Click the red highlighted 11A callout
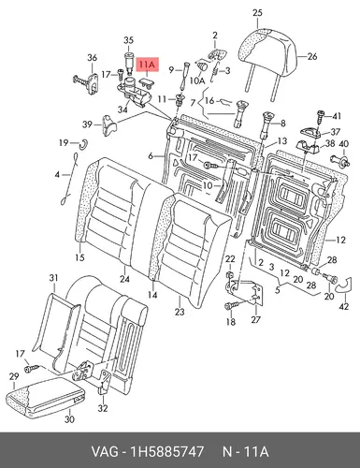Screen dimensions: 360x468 (x=147, y=65)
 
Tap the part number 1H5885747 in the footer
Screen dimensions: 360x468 (x=167, y=451)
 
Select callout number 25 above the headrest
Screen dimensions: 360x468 (x=257, y=13)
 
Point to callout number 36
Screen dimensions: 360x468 (x=92, y=58)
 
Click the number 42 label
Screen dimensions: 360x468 (x=343, y=307)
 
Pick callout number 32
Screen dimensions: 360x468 (x=103, y=408)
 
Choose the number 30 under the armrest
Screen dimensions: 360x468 (x=69, y=419)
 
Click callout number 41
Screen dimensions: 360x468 (x=336, y=116)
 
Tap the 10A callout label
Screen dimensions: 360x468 (x=197, y=80)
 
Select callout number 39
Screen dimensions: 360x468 (x=87, y=124)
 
